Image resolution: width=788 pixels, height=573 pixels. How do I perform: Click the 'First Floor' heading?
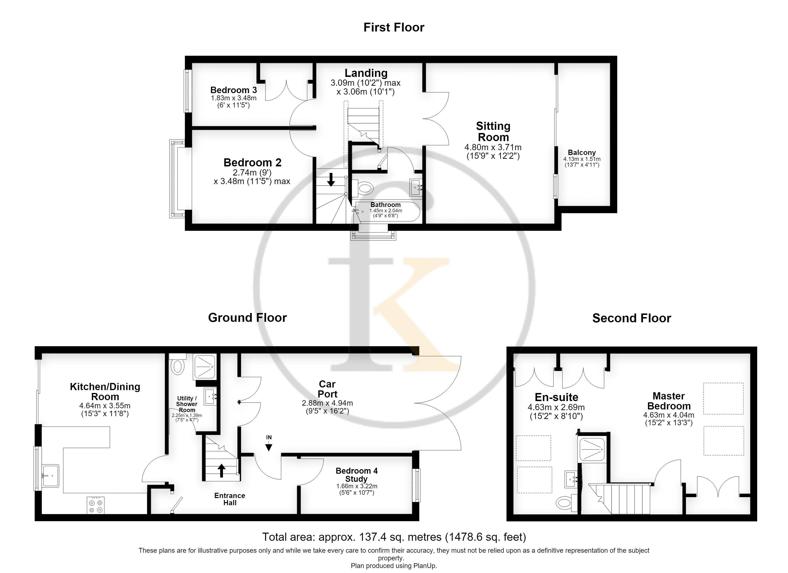394,27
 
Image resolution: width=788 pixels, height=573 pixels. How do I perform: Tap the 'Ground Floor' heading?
247,318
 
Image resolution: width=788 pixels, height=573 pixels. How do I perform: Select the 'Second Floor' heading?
632,318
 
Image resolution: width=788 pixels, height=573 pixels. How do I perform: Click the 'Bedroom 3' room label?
234,90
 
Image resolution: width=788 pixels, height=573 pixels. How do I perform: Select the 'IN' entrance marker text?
269,437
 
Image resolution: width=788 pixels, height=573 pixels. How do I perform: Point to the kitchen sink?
50,476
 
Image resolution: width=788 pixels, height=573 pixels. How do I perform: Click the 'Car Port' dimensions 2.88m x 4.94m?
327,403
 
